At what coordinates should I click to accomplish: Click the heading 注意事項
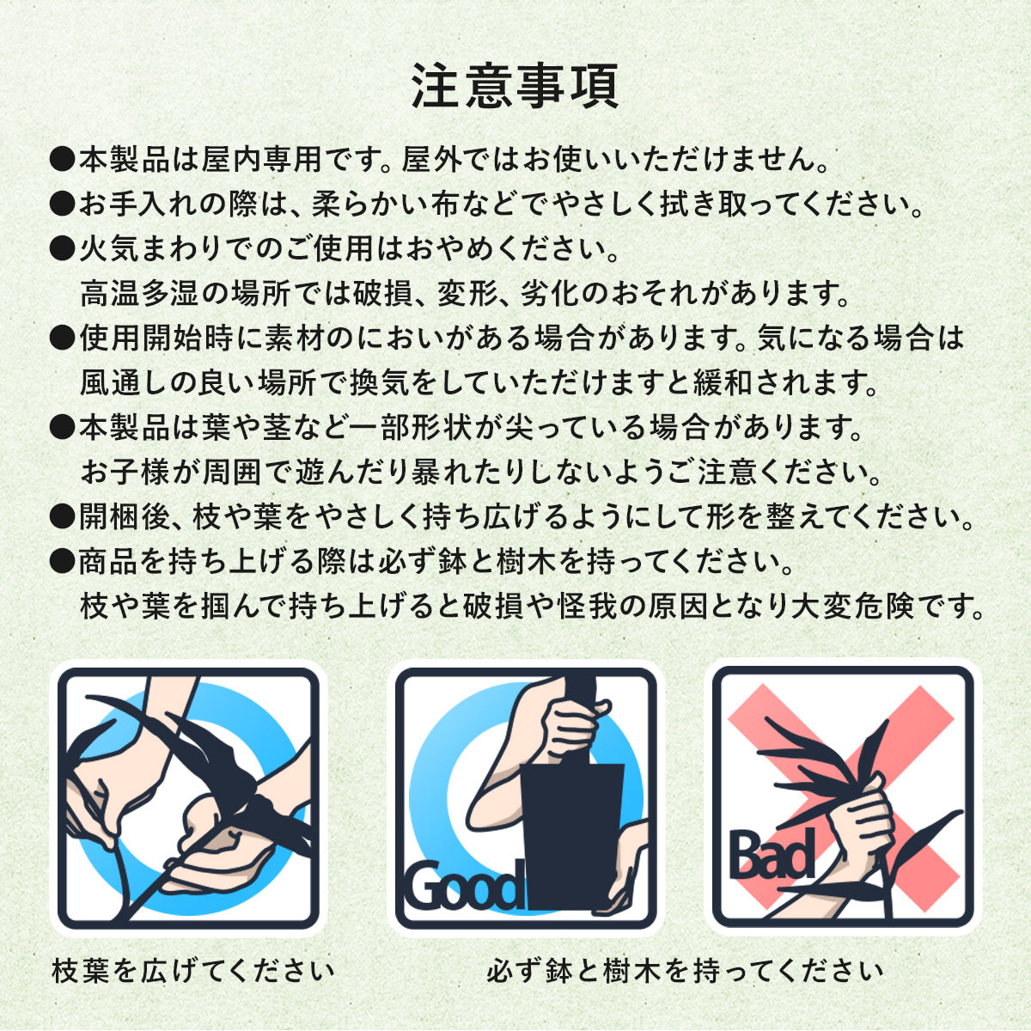tap(515, 87)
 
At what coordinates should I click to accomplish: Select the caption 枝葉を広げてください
tap(193, 971)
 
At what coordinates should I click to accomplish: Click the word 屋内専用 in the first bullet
tap(262, 160)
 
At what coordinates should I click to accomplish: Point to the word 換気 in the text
tap(380, 383)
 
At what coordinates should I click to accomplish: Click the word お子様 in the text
tap(125, 473)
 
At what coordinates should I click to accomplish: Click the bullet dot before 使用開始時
tap(62, 339)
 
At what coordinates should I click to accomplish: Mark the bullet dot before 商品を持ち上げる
tap(62, 562)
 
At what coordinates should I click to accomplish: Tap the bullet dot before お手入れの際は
tap(62, 204)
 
